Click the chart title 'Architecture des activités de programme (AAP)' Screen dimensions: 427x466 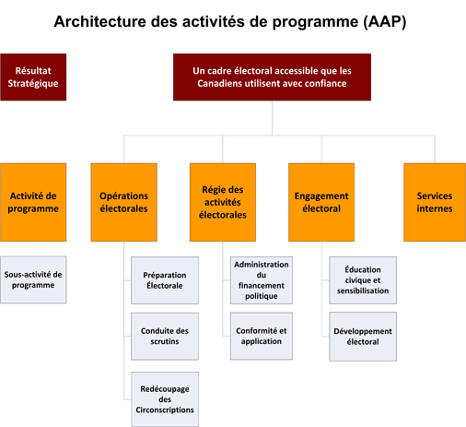[x=230, y=20]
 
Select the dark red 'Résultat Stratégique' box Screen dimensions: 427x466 [x=34, y=77]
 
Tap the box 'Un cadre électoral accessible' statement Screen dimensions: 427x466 [x=272, y=77]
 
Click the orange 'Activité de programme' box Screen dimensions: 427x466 [x=33, y=201]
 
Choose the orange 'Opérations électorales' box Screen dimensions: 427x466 [x=123, y=201]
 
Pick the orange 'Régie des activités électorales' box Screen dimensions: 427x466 [x=223, y=201]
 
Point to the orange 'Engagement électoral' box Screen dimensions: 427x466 [x=321, y=201]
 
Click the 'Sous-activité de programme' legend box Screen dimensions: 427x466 [x=33, y=279]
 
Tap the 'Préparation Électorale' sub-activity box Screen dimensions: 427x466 [x=164, y=279]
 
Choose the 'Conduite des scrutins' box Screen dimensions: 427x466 [x=164, y=336]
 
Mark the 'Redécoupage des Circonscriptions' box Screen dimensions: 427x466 [x=164, y=394]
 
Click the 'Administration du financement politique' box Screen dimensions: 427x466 [x=262, y=279]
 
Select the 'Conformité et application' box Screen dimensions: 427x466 [x=262, y=336]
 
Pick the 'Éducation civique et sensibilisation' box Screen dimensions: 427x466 [x=363, y=279]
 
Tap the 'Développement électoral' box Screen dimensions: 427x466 [x=363, y=336]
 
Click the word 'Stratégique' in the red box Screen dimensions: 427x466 [x=34, y=85]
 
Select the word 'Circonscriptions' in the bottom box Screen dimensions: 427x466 [x=164, y=409]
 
